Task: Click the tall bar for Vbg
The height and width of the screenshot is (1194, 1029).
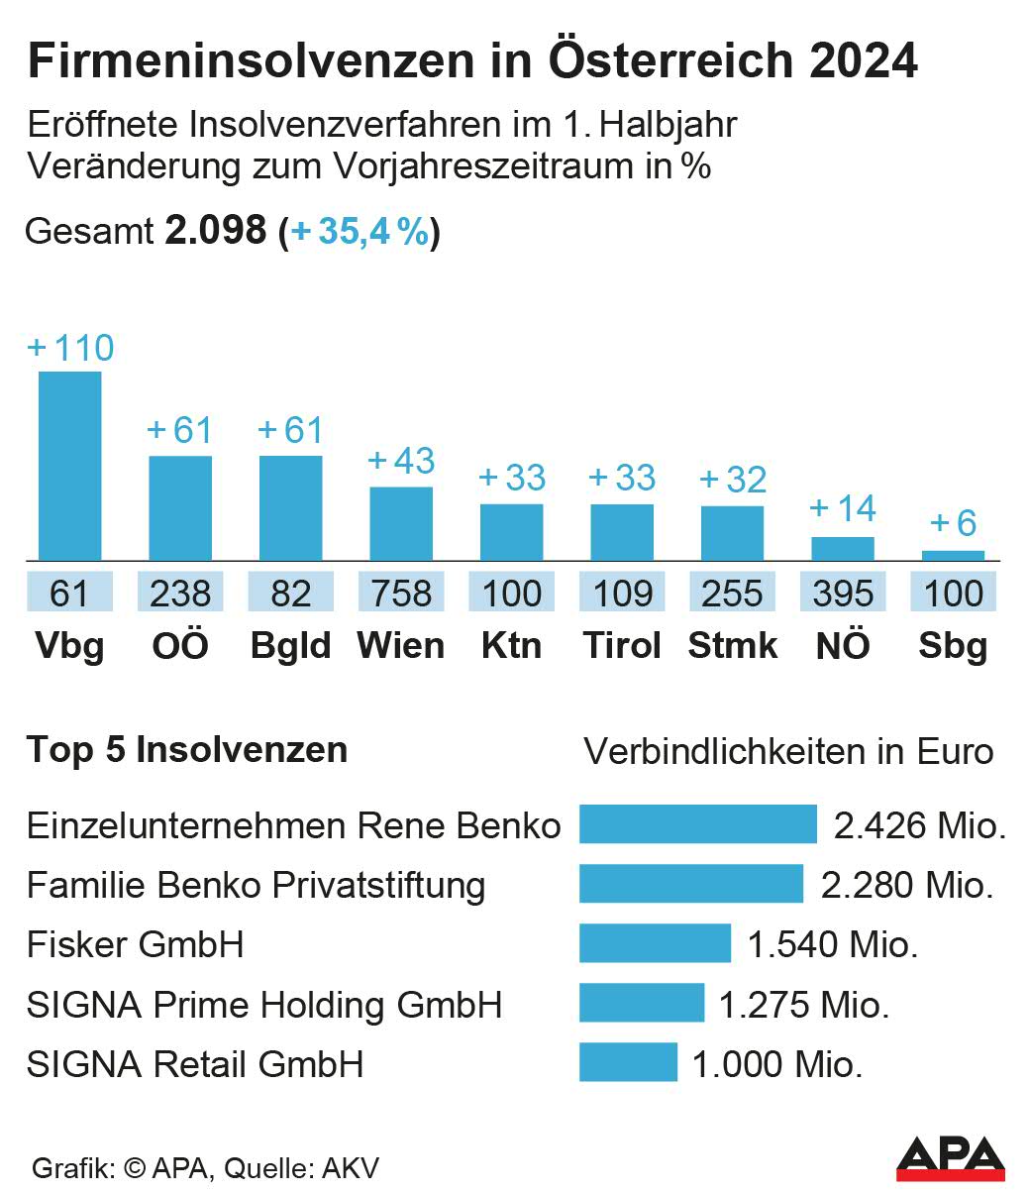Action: click(x=69, y=466)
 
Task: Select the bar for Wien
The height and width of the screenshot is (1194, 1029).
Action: click(x=401, y=523)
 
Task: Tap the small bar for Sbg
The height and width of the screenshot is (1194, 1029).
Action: click(x=954, y=556)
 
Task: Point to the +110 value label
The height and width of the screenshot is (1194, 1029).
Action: click(x=71, y=348)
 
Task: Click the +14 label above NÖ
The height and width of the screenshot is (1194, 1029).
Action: click(x=843, y=508)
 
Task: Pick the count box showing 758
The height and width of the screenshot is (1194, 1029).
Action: click(x=401, y=594)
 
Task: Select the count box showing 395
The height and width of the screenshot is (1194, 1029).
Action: click(x=843, y=594)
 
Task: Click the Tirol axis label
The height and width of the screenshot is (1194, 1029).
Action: click(x=623, y=646)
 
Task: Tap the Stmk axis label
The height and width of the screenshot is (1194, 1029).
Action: click(x=732, y=646)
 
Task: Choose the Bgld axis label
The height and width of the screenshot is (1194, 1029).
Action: click(x=290, y=646)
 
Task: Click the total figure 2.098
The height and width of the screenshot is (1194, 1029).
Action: click(x=216, y=231)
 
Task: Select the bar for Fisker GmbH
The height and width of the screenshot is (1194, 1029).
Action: click(x=655, y=943)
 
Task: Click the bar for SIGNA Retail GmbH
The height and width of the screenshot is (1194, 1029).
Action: click(x=628, y=1062)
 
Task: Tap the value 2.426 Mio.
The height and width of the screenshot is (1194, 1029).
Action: click(x=920, y=825)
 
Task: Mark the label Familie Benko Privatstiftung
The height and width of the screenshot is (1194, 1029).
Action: click(x=256, y=885)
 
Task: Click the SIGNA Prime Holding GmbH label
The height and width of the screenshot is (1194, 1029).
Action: click(x=264, y=1005)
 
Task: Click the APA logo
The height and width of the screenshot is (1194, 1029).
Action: click(x=950, y=1158)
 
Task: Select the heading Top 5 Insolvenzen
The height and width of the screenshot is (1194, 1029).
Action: click(x=187, y=750)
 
